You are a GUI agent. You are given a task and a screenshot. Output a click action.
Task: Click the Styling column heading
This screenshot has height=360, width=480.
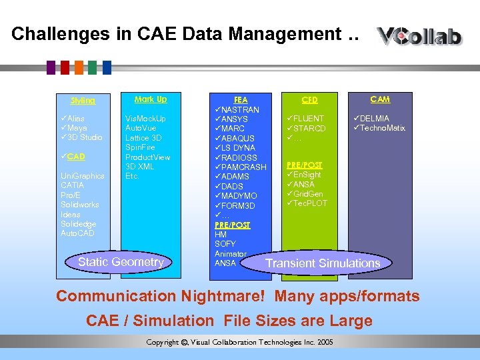[83, 101]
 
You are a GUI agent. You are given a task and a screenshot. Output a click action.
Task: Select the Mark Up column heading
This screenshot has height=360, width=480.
[151, 99]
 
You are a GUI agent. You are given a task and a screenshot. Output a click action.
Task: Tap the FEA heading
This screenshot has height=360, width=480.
[240, 99]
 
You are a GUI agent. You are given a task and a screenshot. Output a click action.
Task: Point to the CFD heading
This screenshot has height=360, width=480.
[309, 101]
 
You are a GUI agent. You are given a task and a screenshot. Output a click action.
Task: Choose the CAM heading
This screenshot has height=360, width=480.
[380, 99]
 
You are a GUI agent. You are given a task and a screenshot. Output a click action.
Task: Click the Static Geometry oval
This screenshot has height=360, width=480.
[121, 262]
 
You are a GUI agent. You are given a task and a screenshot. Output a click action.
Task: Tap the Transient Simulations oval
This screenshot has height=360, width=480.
[323, 263]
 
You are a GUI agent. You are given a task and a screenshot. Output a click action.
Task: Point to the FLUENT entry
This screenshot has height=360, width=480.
[309, 119]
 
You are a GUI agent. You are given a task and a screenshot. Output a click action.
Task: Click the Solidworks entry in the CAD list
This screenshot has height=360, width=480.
[80, 205]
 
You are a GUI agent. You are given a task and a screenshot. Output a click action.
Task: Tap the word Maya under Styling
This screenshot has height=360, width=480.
[77, 128]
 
